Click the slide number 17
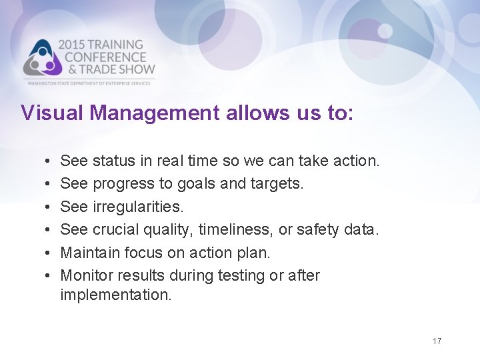pyautogui.click(x=437, y=341)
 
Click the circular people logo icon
pyautogui.click(x=41, y=59)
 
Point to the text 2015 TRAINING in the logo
pyautogui.click(x=101, y=45)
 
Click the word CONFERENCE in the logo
pyautogui.click(x=101, y=57)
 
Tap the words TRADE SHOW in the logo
pyautogui.click(x=114, y=69)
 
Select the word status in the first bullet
pyautogui.click(x=113, y=161)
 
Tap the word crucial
pyautogui.click(x=118, y=229)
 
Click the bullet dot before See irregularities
pyautogui.click(x=41, y=207)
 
